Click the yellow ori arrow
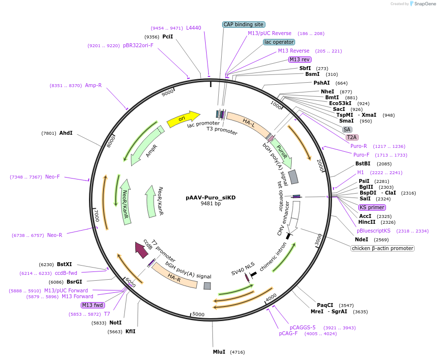pyautogui.click(x=183, y=119)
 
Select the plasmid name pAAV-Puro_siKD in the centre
pyautogui.click(x=210, y=198)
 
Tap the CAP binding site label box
pyautogui.click(x=244, y=24)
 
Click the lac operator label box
pyautogui.click(x=279, y=42)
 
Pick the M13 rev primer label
pyautogui.click(x=299, y=59)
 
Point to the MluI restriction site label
pyautogui.click(x=219, y=352)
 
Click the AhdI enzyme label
pyautogui.click(x=66, y=133)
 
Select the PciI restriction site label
pyautogui.click(x=168, y=36)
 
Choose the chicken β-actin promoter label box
pyautogui.click(x=383, y=248)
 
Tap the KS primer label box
pyautogui.click(x=368, y=207)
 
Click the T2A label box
pyautogui.click(x=352, y=138)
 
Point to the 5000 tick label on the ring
pyautogui.click(x=198, y=314)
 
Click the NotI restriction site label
pyautogui.click(x=115, y=323)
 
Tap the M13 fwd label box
pyautogui.click(x=92, y=306)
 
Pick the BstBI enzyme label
pyautogui.click(x=363, y=163)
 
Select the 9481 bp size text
pyautogui.click(x=210, y=204)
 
